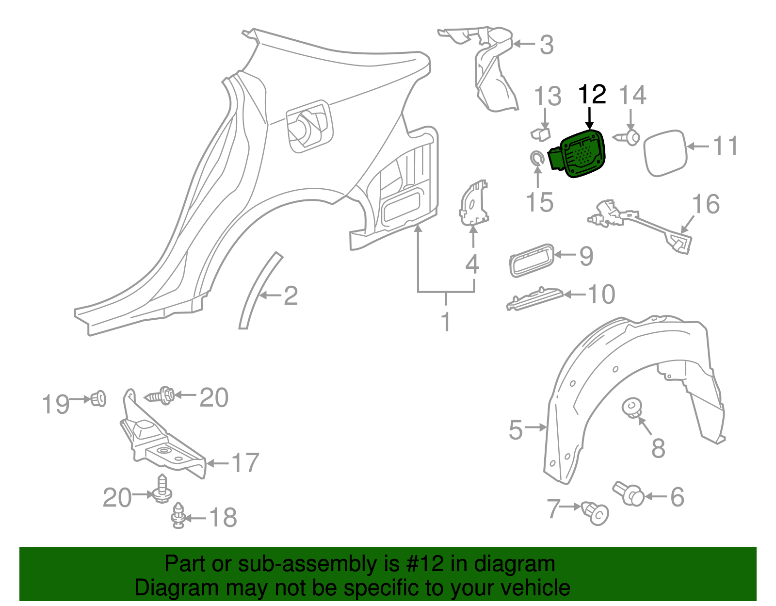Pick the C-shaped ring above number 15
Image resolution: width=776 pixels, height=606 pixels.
coord(536,158)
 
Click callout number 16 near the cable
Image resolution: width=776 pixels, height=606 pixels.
coord(706,204)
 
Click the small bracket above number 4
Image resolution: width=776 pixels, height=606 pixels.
coord(473,203)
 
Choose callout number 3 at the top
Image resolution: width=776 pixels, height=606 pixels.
coord(547,45)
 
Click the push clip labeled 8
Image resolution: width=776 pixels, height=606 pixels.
coord(632,407)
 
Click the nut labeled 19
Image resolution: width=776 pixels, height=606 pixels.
coord(99,399)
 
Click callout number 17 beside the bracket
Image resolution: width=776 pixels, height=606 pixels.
coord(245,463)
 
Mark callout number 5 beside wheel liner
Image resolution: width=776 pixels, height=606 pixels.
coord(516,429)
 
